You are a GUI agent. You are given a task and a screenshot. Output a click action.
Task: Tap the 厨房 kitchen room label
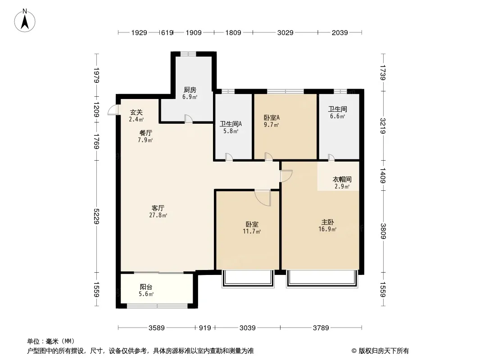[x=190, y=90]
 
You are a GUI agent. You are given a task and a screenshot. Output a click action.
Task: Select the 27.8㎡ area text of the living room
[x=158, y=216]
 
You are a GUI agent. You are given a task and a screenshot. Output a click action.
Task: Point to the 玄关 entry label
[x=136, y=112]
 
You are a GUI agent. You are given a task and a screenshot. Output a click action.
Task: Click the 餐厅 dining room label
[x=145, y=133]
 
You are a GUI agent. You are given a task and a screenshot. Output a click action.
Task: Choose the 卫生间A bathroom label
[x=231, y=124]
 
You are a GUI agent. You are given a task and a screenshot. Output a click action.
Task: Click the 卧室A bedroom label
[x=272, y=117]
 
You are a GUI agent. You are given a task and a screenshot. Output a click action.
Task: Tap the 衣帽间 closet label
[x=342, y=179]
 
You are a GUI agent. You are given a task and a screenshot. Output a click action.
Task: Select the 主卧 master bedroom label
[x=327, y=222]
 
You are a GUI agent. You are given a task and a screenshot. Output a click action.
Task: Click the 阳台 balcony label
[x=146, y=287]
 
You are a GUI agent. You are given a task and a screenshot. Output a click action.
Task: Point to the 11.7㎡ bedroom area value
[x=252, y=232]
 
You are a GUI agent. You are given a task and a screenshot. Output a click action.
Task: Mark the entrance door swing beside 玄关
[x=113, y=110]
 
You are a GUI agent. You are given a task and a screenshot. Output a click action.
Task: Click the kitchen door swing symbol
[x=188, y=119]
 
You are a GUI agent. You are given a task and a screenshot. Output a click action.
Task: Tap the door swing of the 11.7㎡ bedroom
[x=263, y=198]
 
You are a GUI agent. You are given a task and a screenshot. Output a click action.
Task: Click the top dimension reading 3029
[x=285, y=32]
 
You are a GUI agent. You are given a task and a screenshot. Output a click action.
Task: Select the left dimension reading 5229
[x=97, y=216]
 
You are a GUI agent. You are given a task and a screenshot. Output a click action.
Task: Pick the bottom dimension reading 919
[x=205, y=328]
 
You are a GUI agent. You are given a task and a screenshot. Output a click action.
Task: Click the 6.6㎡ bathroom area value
[x=337, y=116]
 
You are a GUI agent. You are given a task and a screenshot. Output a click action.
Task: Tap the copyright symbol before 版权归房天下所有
[x=354, y=351]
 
